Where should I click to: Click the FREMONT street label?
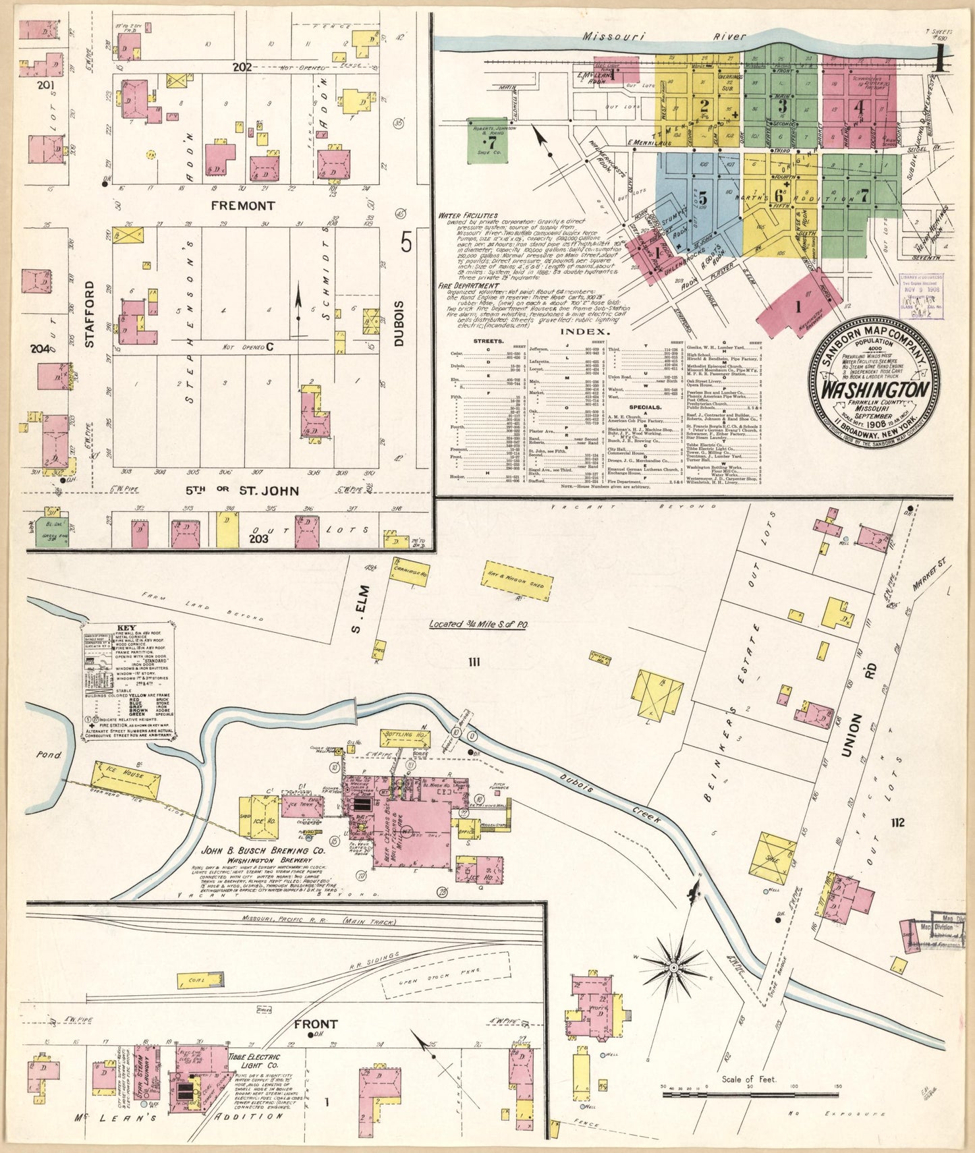click(x=243, y=206)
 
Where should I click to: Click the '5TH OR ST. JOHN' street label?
click(x=242, y=490)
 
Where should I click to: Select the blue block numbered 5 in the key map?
click(x=702, y=198)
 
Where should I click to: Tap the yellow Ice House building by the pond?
click(x=127, y=780)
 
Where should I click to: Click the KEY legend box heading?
click(x=126, y=625)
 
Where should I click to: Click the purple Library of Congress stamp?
click(x=921, y=296)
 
